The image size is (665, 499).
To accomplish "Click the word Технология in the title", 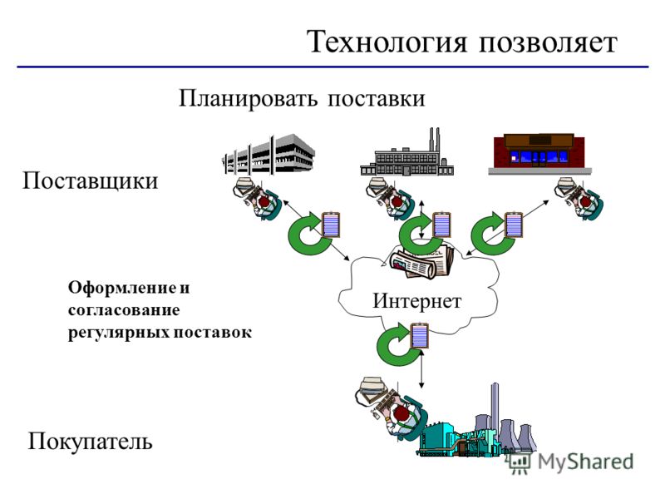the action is tap(387, 43).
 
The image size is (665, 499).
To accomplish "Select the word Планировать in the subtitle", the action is tap(248, 99).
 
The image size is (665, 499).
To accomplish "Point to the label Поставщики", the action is tap(90, 181).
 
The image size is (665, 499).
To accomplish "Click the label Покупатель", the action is tap(90, 442).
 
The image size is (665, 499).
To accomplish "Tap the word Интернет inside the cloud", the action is tap(417, 301).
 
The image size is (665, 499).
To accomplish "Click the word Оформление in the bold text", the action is tap(122, 288).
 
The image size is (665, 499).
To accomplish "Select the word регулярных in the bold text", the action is tap(119, 333).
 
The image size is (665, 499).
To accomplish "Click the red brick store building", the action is tap(539, 154).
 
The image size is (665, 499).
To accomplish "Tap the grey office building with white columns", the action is tap(268, 154).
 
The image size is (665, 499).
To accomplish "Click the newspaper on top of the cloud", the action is tap(421, 261).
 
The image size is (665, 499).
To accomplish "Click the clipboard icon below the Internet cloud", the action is tap(420, 336).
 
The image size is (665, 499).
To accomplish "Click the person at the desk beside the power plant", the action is tap(392, 411).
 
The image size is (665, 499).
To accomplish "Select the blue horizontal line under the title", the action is tap(332, 67).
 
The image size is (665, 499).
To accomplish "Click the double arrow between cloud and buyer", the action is tap(421, 369).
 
